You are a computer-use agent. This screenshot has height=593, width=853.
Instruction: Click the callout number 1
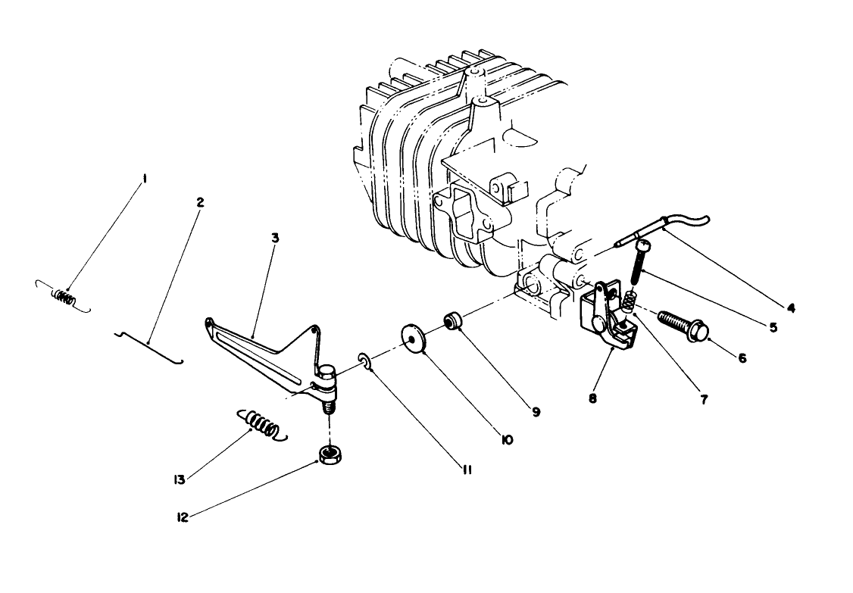145,179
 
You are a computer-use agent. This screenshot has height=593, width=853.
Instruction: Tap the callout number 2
200,202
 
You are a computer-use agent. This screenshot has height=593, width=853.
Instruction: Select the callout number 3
275,237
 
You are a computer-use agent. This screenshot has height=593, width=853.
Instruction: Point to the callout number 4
790,308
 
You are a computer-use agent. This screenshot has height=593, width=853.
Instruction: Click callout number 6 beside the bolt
742,357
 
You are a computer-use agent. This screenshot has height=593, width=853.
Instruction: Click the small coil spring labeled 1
63,298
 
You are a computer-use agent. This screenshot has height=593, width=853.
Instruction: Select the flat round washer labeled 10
413,338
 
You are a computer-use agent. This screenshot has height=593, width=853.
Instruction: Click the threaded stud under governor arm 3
329,406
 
